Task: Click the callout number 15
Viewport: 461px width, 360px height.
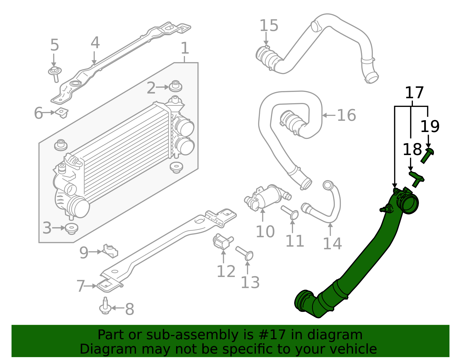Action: click(x=269, y=26)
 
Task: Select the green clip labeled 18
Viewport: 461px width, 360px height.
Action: click(x=416, y=178)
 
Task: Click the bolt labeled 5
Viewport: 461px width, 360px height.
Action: click(x=55, y=73)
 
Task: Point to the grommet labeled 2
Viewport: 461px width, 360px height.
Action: click(x=175, y=86)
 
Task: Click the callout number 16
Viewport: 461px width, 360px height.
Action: click(x=346, y=115)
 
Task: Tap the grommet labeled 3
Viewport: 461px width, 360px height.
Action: click(x=71, y=228)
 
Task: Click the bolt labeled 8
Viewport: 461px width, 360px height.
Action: click(x=105, y=307)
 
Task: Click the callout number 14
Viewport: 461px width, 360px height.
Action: click(x=332, y=244)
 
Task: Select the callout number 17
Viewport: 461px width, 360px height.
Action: click(x=414, y=93)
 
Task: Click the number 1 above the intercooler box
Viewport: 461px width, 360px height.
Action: click(x=185, y=48)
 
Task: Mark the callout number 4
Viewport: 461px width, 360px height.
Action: click(x=95, y=43)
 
